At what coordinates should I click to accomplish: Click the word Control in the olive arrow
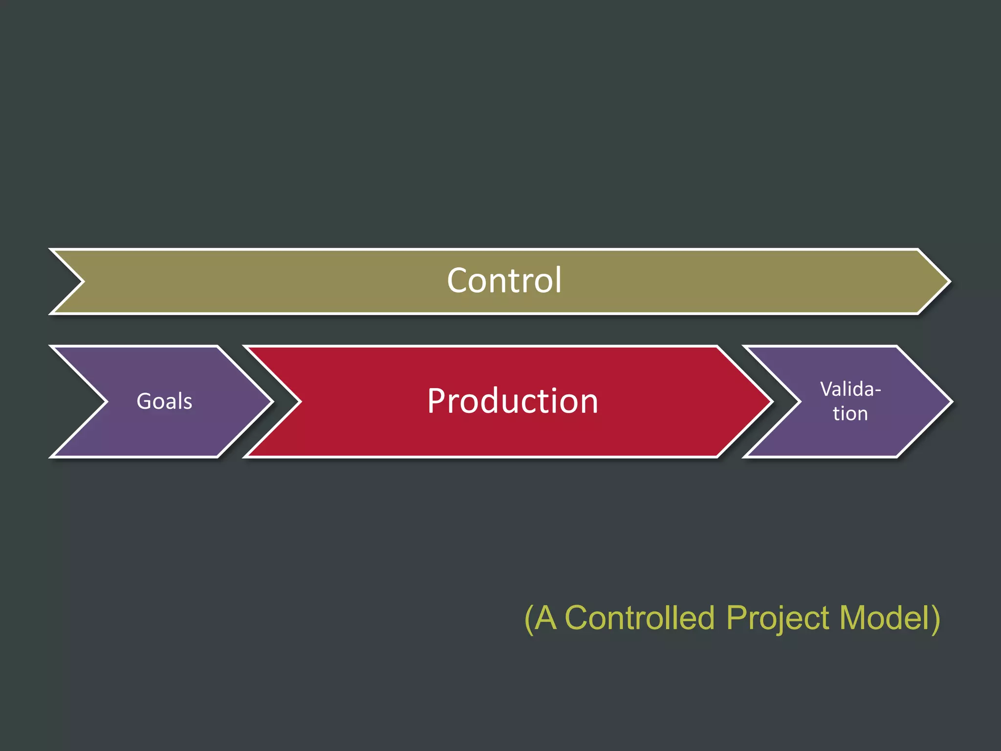point(504,281)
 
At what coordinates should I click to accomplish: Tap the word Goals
point(164,401)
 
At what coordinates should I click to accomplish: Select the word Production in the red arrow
point(512,401)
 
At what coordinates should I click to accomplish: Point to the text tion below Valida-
point(850,414)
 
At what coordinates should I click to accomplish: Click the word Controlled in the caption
point(639,618)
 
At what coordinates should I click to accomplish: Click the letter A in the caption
point(545,618)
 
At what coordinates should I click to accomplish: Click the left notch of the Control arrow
point(83,282)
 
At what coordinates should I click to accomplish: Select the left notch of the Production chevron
point(300,402)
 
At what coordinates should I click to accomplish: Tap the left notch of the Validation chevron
point(799,402)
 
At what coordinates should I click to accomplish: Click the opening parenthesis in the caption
point(528,619)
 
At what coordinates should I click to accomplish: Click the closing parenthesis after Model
point(935,619)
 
